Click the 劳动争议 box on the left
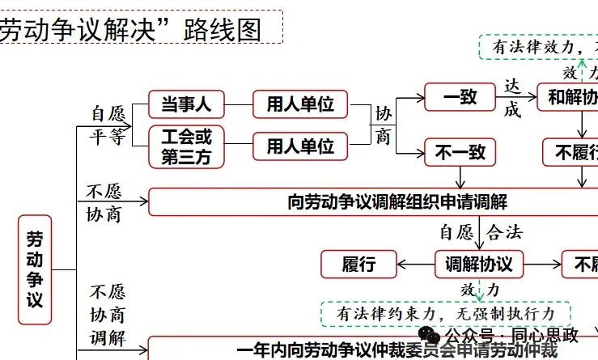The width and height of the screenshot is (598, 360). [35, 270]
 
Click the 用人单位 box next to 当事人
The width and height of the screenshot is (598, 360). [300, 104]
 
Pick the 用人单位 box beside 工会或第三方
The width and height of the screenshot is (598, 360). [300, 146]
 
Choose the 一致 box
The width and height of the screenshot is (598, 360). [460, 98]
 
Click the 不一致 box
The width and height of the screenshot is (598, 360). [460, 150]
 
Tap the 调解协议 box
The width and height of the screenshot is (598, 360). [479, 264]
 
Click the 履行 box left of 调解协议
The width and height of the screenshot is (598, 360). [359, 264]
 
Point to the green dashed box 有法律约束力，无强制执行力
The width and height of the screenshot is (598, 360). [446, 312]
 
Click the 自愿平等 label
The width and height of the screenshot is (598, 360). [108, 125]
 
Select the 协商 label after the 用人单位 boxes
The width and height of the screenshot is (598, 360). [383, 125]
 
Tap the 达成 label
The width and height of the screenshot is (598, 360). [512, 97]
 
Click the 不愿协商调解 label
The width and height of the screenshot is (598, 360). [108, 315]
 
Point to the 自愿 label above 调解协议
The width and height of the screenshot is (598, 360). [456, 233]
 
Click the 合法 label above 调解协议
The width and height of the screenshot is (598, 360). [505, 233]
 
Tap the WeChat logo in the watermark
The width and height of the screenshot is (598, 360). [429, 334]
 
